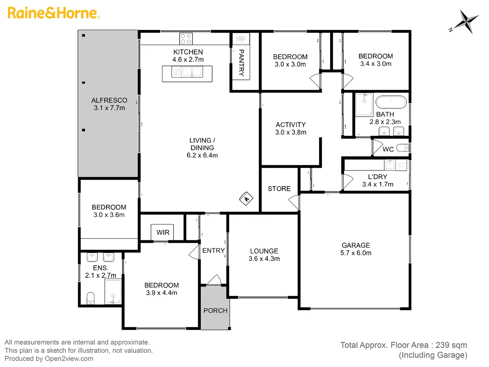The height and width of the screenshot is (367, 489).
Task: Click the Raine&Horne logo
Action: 53,13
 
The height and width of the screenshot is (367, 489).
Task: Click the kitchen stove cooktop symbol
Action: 186,38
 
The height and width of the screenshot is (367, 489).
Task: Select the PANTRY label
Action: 241,63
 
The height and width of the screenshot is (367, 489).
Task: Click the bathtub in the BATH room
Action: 391,102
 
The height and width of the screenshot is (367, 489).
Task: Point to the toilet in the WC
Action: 403,148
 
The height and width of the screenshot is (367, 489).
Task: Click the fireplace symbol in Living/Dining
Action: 246,198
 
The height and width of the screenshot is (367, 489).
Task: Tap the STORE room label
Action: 279,189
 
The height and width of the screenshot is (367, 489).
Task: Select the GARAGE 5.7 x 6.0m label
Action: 356,249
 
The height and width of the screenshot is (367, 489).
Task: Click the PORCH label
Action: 215,311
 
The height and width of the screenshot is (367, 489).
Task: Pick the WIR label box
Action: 163,232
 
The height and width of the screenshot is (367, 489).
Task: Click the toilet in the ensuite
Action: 90,298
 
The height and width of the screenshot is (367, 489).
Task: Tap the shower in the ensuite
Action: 113,292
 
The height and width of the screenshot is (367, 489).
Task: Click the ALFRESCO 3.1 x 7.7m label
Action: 109,104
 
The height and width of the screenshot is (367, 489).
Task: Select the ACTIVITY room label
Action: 291,128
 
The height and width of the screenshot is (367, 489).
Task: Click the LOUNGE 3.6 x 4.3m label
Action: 264,255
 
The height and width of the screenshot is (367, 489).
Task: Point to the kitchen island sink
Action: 192,72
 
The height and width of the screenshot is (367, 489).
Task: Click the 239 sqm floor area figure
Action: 451,345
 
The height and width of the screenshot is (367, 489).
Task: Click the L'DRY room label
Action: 378,180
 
